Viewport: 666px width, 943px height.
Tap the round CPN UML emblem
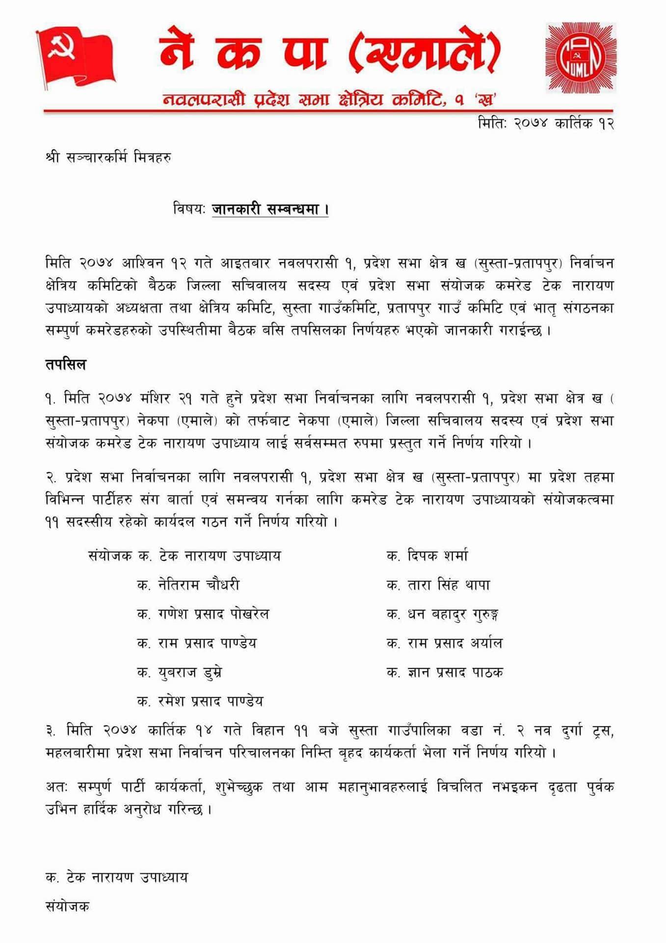[x=580, y=57]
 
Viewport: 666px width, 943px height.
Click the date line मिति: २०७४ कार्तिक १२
[x=546, y=123]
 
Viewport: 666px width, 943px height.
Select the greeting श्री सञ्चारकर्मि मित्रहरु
[x=108, y=158]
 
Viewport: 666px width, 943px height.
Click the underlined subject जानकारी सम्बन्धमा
[x=270, y=210]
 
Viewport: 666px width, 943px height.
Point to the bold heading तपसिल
[x=66, y=365]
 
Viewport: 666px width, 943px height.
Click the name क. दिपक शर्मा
[x=427, y=556]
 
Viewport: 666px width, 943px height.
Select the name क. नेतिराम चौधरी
[x=188, y=585]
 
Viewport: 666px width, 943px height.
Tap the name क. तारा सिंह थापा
[x=438, y=585]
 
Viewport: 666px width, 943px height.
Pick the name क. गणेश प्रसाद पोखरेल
[x=203, y=614]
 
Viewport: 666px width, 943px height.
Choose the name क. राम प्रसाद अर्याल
[x=445, y=643]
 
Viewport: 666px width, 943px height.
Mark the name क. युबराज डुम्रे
[x=179, y=672]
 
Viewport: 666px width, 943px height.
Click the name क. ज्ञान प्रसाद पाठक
[x=445, y=672]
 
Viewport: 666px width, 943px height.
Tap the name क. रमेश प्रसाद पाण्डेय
[x=200, y=701]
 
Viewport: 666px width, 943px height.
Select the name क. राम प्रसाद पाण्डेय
[x=196, y=643]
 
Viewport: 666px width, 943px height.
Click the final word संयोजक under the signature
[x=67, y=907]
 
